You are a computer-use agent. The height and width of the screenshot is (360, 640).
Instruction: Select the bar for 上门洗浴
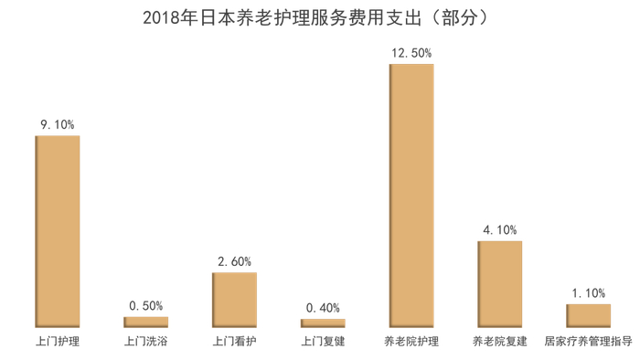tap(146, 322)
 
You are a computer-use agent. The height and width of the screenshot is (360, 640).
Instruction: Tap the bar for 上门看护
tap(235, 299)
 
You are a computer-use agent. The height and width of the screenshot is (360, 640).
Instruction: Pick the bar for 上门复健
tap(324, 323)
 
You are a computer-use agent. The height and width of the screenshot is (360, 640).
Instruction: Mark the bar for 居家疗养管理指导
tap(589, 314)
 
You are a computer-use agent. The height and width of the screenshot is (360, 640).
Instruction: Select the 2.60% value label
tap(235, 261)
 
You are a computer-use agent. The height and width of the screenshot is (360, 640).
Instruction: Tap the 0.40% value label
tap(324, 308)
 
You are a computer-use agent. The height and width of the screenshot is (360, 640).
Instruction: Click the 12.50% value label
tap(411, 53)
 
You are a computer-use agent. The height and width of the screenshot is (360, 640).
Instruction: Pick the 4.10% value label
tap(500, 230)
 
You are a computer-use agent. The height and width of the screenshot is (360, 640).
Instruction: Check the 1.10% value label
tap(589, 292)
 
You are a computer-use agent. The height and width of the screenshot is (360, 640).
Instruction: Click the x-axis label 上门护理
tap(58, 342)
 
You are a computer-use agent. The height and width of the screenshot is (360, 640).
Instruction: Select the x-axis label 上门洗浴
tap(146, 342)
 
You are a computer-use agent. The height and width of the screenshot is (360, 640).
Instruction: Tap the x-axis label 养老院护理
tap(411, 342)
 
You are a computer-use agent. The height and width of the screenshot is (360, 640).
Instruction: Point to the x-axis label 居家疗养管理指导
tap(589, 342)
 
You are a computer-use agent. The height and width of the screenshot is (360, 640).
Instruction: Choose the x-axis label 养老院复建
tap(500, 342)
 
